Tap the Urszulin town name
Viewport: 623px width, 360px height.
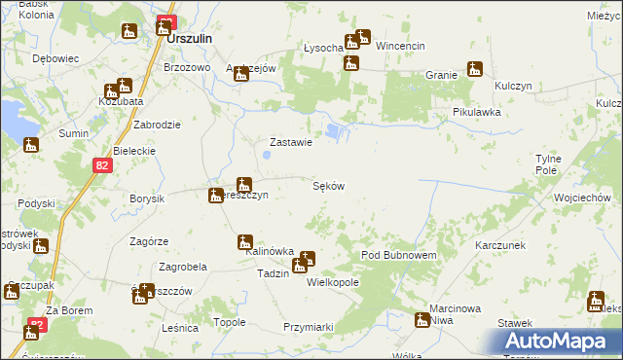[189, 40]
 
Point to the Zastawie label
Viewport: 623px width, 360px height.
[290, 142]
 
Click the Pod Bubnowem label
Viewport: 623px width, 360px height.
[399, 254]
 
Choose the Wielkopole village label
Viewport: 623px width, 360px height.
[333, 282]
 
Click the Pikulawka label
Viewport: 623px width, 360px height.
[476, 112]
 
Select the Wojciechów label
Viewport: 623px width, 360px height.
[581, 198]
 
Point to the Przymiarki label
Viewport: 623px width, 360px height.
[309, 327]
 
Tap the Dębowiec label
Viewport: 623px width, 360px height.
[55, 58]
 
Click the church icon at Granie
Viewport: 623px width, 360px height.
[475, 69]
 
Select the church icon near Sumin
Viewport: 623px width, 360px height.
[32, 146]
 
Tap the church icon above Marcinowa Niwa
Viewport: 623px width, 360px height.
[422, 319]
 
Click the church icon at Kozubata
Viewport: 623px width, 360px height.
[124, 86]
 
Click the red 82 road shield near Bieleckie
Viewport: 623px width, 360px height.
[103, 166]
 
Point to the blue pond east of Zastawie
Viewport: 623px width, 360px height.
[335, 130]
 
